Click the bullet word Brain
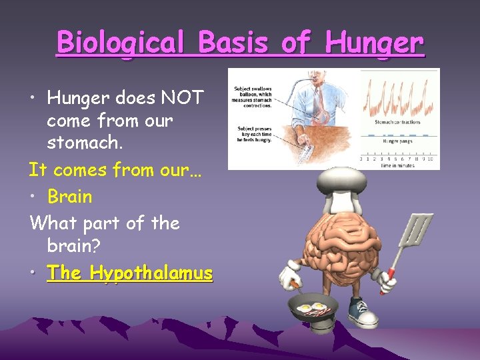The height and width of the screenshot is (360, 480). (x=70, y=197)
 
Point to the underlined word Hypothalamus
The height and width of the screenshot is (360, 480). (x=152, y=273)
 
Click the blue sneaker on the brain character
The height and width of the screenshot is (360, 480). (x=362, y=311)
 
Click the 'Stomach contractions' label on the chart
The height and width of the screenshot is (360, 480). (x=397, y=122)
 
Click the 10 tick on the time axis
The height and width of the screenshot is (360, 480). (x=431, y=159)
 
